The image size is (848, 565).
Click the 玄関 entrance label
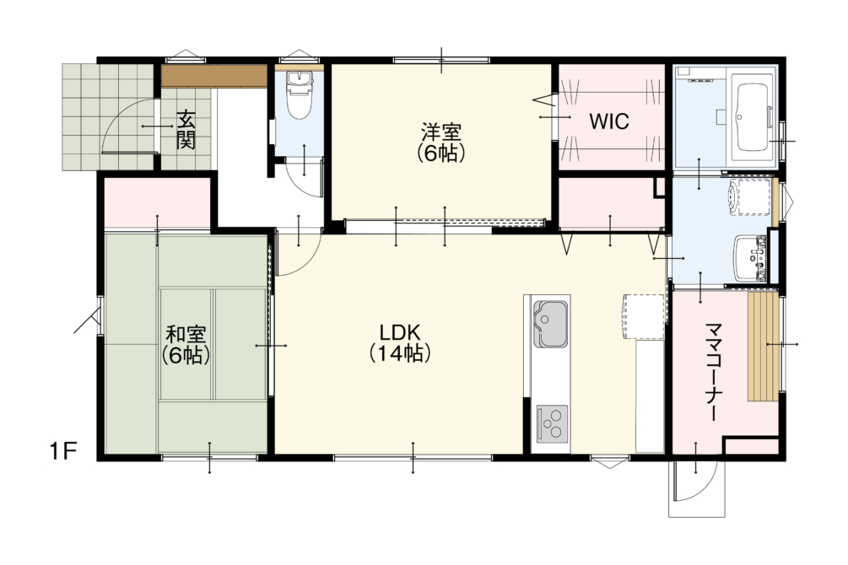coord(186,130)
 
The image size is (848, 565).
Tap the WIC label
coord(609,121)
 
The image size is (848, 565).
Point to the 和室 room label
coord(186,335)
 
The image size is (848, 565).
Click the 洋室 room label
coord(441,133)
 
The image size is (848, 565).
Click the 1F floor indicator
coord(62,450)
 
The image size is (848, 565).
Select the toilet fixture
coord(298,95)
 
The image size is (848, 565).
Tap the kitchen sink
coord(550,325)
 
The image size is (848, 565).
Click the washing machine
coord(748,198)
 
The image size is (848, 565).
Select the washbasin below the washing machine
coord(749,258)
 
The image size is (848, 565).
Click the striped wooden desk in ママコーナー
coord(763,346)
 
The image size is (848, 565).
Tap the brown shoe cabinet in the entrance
coord(214,77)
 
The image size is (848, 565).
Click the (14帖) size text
coord(400,353)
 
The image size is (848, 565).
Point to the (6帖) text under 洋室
coord(441,154)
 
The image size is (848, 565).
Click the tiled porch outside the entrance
coord(108,116)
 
